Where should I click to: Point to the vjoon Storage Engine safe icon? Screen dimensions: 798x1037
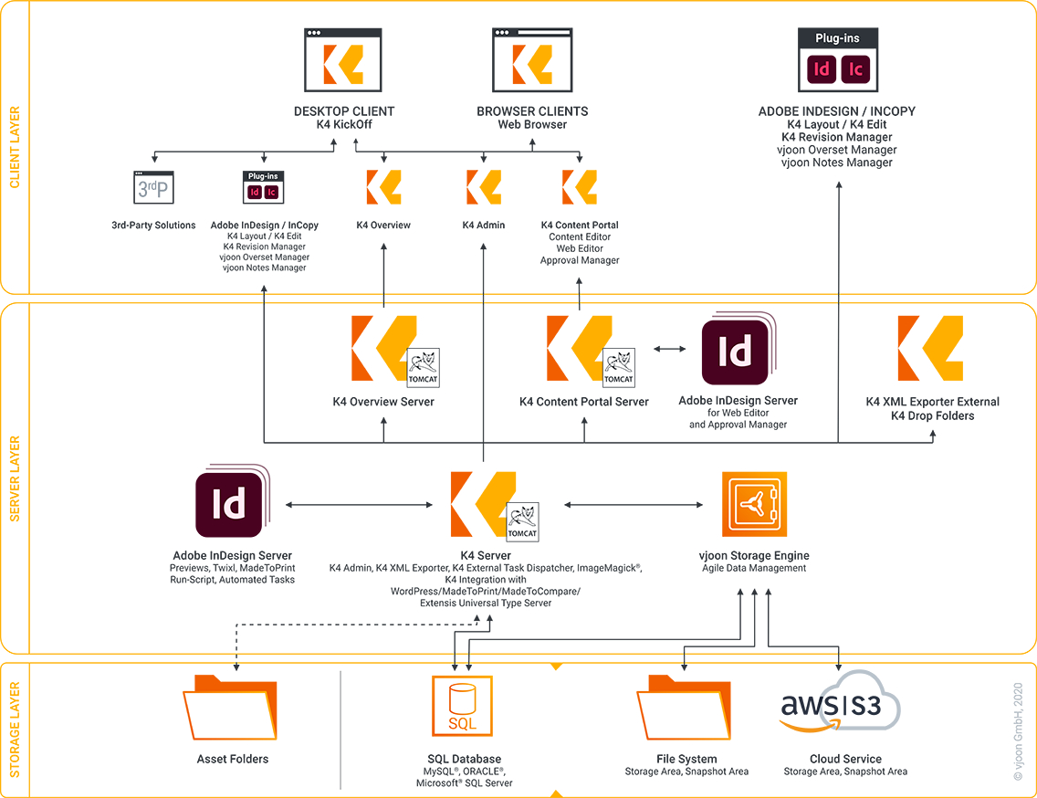(x=754, y=504)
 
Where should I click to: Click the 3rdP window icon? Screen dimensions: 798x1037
(x=153, y=187)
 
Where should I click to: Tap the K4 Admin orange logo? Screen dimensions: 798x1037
(x=483, y=187)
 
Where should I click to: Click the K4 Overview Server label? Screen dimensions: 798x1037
(x=383, y=402)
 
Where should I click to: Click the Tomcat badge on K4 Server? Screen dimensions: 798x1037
(x=522, y=522)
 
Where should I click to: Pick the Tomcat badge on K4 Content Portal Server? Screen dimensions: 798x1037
(x=618, y=367)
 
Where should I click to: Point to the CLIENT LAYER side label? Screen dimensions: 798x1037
(x=15, y=148)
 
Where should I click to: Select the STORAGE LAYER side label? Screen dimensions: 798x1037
(x=15, y=730)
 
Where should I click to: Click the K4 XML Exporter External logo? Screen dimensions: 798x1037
(x=930, y=349)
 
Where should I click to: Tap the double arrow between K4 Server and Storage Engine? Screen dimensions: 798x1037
(x=634, y=504)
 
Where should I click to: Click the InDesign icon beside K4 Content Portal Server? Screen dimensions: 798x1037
(x=736, y=352)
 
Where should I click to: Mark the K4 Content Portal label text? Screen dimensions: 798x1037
(x=580, y=226)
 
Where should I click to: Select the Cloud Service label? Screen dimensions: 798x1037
(x=845, y=759)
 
